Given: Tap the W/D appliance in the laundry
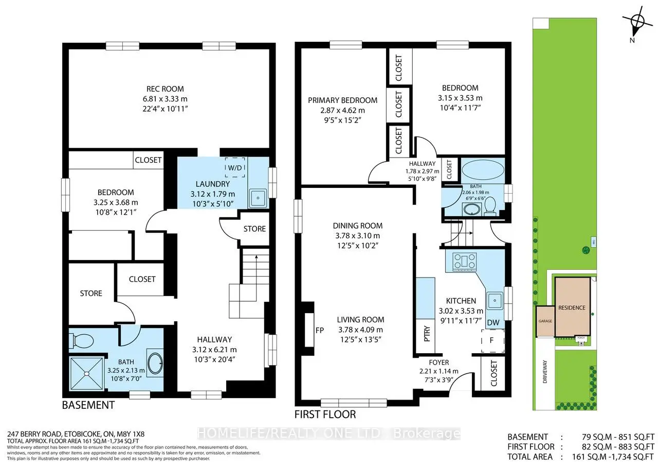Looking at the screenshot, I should coord(236,167).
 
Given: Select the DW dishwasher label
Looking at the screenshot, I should coord(493,322).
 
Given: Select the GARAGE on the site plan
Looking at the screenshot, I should coord(545,321).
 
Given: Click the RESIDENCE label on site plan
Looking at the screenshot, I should coord(572,308).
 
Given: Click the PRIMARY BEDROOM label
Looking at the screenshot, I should coord(342,100).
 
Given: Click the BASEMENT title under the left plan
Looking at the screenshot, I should coord(88,405).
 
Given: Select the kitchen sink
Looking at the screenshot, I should coord(495,299).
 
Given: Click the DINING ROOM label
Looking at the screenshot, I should coord(357,226).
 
